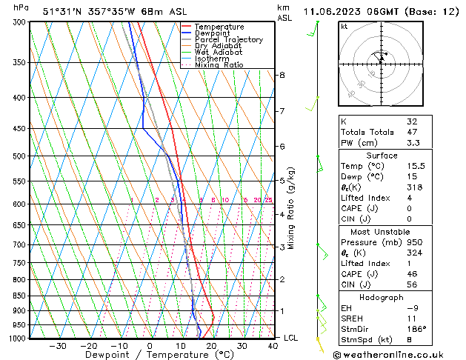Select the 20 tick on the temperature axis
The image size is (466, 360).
tap(211, 345)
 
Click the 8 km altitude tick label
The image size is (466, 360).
tap(282, 76)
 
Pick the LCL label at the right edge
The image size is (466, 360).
tap(292, 338)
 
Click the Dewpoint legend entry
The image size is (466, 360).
tap(213, 33)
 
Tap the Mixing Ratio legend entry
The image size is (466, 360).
tap(219, 65)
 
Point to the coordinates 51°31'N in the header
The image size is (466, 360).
tap(62, 12)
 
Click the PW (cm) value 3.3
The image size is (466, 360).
tap(413, 144)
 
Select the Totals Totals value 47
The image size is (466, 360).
tap(412, 133)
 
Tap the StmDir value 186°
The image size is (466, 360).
tap(417, 328)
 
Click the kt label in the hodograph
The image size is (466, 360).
tap(344, 26)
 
